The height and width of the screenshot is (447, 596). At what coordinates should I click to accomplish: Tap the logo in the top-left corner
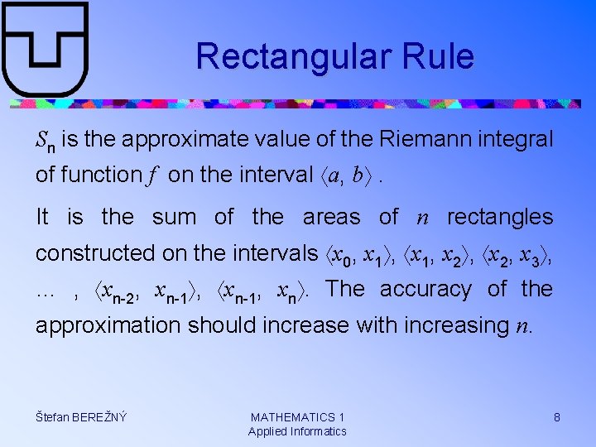click(x=45, y=49)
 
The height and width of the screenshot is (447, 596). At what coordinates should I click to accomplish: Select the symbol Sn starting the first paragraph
click(x=46, y=141)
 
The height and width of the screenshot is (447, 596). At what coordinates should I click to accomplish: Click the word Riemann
click(x=422, y=139)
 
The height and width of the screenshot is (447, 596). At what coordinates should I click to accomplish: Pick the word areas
click(x=331, y=217)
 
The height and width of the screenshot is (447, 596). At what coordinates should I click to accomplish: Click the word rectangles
click(x=499, y=217)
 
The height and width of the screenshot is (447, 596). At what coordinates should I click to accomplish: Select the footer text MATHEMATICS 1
click(x=297, y=417)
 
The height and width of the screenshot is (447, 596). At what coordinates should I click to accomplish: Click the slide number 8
click(x=557, y=417)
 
